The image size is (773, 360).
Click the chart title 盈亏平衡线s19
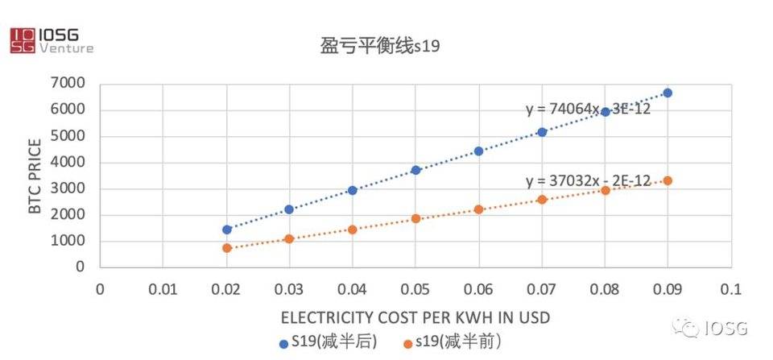[374, 48]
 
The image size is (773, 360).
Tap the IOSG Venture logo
[51, 40]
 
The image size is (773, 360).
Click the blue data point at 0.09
[668, 93]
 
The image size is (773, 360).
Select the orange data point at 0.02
[226, 248]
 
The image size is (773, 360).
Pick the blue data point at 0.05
[415, 170]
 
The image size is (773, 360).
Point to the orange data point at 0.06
[478, 209]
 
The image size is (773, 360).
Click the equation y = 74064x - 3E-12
[588, 109]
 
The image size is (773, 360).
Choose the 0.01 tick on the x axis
[163, 288]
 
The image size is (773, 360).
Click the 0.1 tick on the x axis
[730, 288]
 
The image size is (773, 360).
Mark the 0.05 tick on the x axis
[415, 288]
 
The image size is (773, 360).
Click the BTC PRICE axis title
[34, 175]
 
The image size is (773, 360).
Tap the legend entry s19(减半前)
[456, 342]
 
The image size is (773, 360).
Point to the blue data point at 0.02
[226, 230]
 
